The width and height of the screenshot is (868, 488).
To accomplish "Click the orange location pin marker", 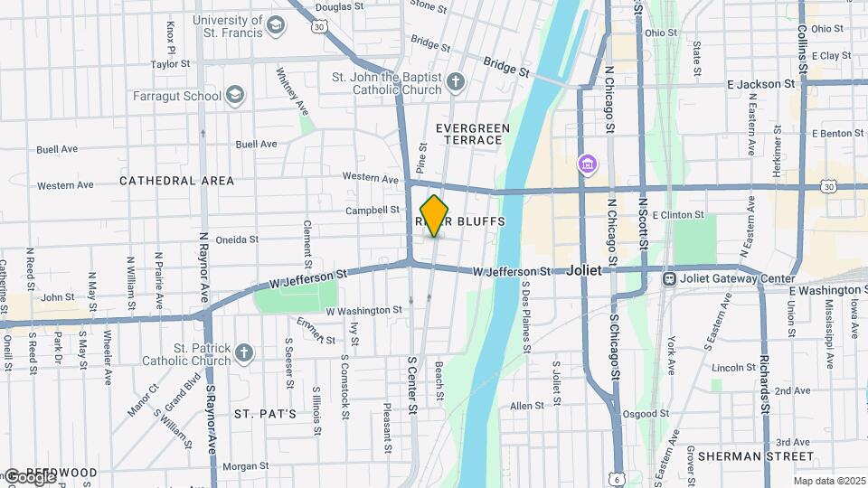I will [x=435, y=216].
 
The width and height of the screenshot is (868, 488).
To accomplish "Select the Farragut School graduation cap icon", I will [x=235, y=95].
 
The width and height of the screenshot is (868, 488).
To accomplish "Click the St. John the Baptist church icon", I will [x=456, y=84].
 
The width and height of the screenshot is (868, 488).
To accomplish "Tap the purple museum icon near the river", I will [x=589, y=164].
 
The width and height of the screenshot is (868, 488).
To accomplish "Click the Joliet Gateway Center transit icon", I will [x=670, y=278].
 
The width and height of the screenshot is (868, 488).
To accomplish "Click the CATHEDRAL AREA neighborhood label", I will [x=177, y=181].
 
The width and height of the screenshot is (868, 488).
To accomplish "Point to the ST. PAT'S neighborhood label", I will [x=266, y=414].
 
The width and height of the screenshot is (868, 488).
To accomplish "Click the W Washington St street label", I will [x=363, y=310].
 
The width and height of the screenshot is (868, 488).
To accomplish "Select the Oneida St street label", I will [x=238, y=240].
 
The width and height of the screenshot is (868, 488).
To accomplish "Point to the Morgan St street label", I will [x=241, y=466].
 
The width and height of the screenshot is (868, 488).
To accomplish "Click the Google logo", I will [x=29, y=476].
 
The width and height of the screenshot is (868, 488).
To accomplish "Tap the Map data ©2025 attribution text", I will [x=828, y=481].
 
